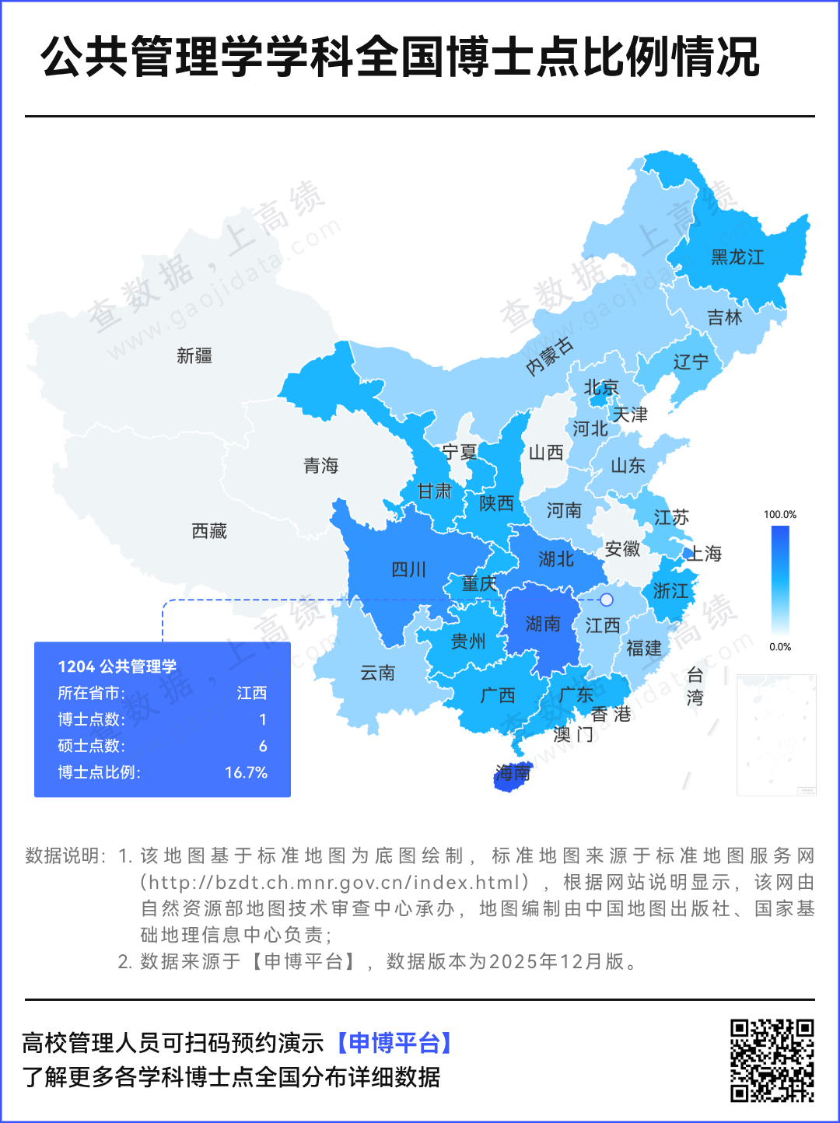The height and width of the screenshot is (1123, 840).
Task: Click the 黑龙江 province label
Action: (737, 257)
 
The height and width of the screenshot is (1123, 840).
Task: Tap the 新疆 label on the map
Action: (194, 356)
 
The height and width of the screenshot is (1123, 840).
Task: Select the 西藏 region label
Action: (209, 531)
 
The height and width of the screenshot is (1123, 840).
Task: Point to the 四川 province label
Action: (408, 569)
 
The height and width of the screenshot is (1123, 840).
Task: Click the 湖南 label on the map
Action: (543, 624)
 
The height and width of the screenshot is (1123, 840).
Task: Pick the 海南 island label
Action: (513, 773)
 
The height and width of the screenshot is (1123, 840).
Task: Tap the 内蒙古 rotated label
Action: (550, 356)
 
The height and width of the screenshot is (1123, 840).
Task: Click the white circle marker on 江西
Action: (607, 600)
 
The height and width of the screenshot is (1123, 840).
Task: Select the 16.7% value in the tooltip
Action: (246, 772)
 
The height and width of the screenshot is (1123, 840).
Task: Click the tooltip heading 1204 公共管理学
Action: (117, 666)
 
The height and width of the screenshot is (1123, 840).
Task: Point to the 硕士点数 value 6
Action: (263, 746)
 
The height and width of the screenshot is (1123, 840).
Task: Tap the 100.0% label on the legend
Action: (780, 515)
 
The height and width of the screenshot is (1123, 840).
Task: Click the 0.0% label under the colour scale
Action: (780, 647)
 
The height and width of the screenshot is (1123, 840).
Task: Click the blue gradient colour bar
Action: (780, 580)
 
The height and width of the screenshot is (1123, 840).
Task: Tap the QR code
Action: (772, 1060)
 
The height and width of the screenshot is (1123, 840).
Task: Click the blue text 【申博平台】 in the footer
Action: (395, 1042)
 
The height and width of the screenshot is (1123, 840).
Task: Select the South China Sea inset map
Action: (776, 735)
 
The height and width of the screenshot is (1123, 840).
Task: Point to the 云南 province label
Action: (378, 673)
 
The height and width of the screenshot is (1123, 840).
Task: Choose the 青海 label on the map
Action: (321, 466)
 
